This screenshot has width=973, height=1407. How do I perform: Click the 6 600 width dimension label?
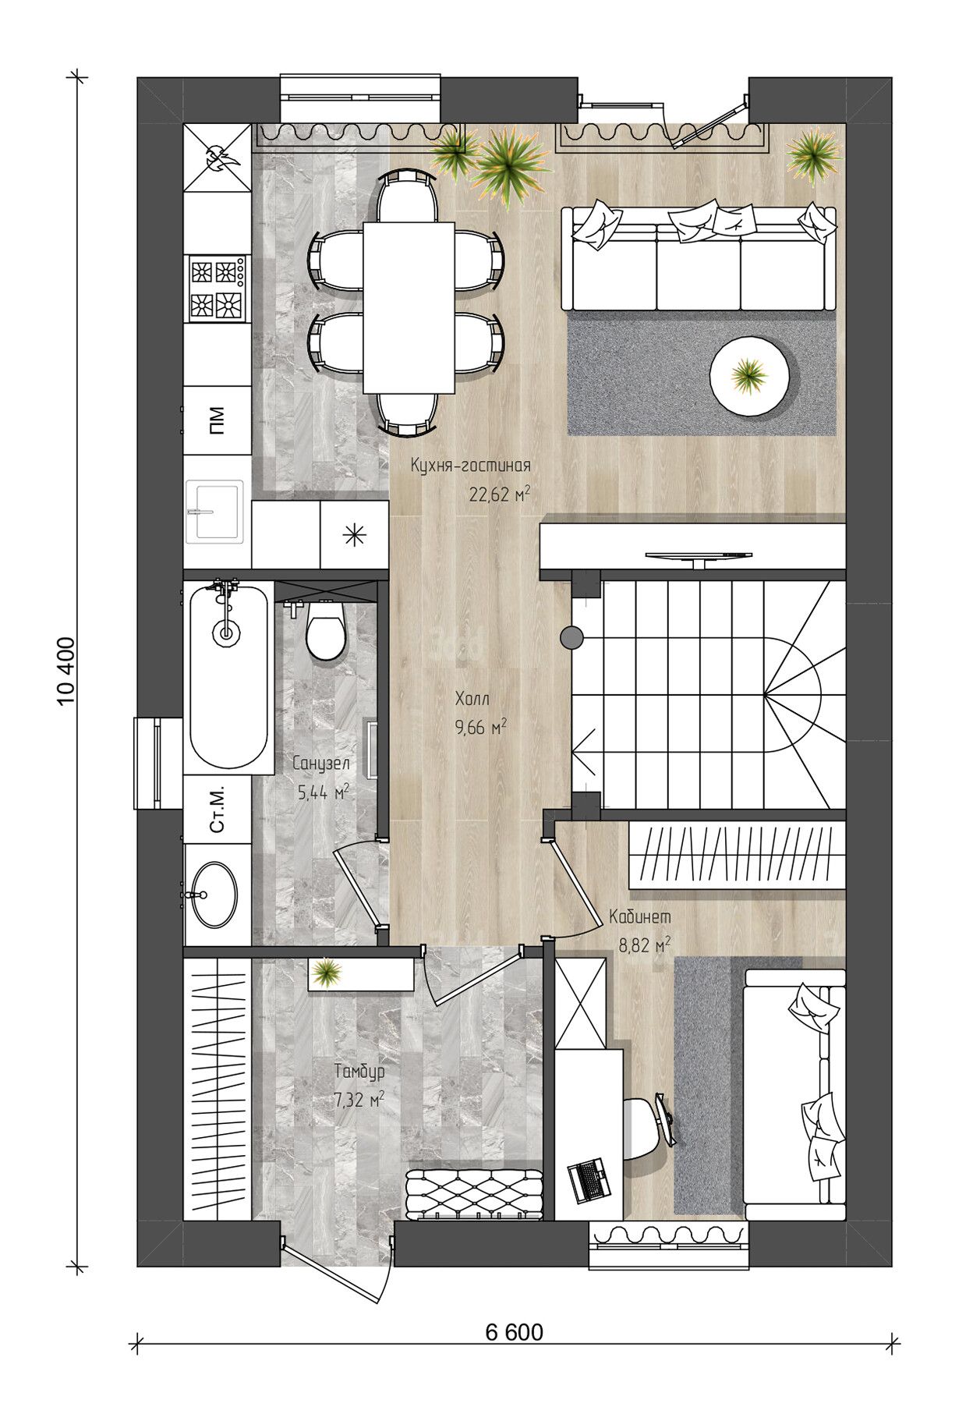point(514,1332)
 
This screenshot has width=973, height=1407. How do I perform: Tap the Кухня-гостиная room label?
point(471,466)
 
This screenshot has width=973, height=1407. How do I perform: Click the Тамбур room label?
point(360,1072)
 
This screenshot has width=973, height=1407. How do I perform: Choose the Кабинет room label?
point(639,917)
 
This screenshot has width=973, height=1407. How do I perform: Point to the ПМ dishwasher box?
point(217,420)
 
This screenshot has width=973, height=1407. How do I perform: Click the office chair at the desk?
point(646,1123)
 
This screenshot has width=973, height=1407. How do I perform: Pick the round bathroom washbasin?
point(213,894)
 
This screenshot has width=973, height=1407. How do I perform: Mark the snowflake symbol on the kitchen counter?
point(355,534)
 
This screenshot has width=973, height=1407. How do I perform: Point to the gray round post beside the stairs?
point(572,637)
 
